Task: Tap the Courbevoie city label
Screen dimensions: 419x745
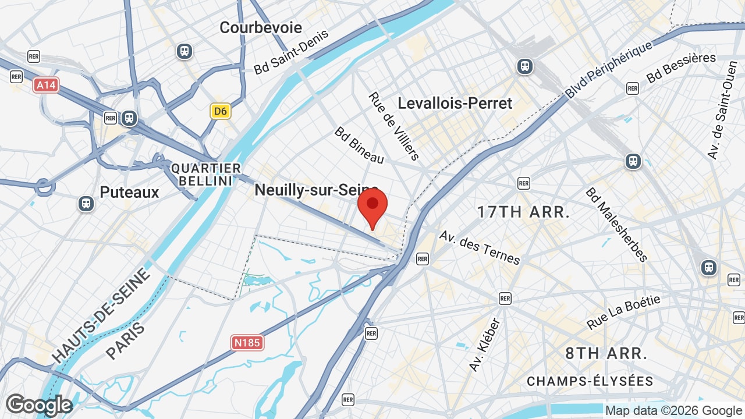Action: point(261,27)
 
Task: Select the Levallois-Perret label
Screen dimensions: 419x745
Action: point(455,103)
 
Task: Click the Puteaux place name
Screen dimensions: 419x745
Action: point(129,192)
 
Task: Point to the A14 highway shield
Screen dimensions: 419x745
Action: point(46,86)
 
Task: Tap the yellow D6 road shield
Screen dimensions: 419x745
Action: point(221,111)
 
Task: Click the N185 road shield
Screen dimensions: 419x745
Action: point(247,343)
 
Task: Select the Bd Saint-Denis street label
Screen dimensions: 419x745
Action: point(292,52)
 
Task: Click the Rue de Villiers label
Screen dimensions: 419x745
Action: point(394,126)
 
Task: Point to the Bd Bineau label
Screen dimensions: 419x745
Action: point(359,145)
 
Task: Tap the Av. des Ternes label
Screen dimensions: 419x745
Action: point(480,247)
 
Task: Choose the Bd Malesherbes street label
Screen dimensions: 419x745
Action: point(616,225)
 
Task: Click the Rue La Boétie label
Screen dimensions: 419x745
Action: point(623,313)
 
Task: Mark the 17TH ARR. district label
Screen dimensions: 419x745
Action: point(523,212)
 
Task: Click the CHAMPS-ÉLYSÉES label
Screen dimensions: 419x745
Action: point(590,381)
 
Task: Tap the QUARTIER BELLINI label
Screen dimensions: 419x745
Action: point(206,175)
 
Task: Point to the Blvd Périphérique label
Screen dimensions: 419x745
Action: point(608,70)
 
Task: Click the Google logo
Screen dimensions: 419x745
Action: point(38,405)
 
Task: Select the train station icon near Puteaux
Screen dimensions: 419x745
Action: point(86,204)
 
